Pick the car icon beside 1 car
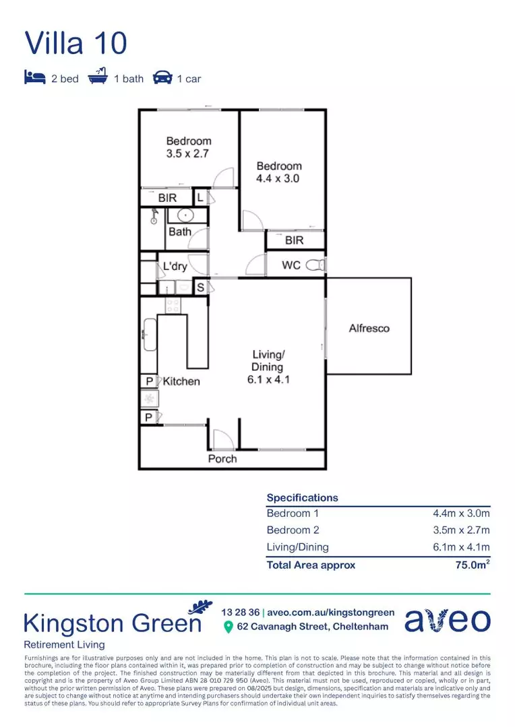[162, 78]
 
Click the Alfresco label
[369, 328]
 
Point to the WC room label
[291, 265]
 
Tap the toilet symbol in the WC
[315, 265]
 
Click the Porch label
[222, 458]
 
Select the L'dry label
[175, 267]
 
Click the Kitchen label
[181, 381]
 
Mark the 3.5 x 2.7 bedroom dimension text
[189, 153]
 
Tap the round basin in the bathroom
[180, 215]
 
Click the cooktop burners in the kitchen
[173, 304]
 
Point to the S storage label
[200, 287]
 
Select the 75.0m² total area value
[473, 565]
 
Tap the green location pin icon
[229, 627]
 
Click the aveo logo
[448, 620]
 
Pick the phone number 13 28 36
[239, 612]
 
